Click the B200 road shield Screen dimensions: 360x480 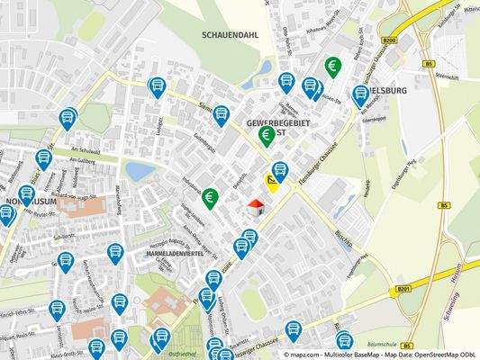tap(389, 40)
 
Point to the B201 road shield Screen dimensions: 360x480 tap(405, 289)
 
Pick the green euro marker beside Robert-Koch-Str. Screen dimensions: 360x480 tap(333, 66)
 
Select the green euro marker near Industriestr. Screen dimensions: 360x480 tap(209, 198)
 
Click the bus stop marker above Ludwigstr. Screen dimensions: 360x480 tap(156, 86)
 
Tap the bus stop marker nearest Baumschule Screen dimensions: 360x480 tap(344, 340)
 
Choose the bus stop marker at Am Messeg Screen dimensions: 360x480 tap(360, 94)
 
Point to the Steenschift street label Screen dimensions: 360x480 tap(447, 76)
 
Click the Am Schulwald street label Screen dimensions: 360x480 tap(83, 152)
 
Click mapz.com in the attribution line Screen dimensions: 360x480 tap(303, 355)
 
